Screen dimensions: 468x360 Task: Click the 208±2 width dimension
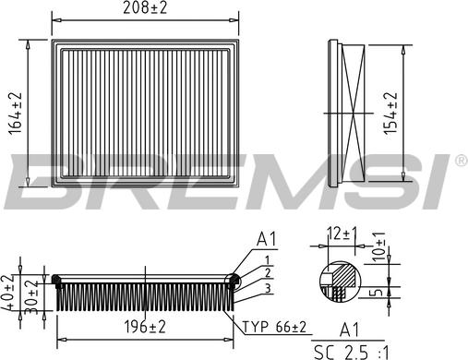(145, 7)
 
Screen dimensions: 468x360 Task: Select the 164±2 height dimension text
(16, 114)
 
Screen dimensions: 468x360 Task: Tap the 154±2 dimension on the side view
(390, 114)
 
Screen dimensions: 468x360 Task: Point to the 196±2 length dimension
(145, 327)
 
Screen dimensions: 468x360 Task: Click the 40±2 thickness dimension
(8, 293)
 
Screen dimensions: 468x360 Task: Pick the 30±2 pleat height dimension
(31, 297)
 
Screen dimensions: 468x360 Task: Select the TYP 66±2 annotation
(275, 327)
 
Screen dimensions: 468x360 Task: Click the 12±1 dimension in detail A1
(342, 234)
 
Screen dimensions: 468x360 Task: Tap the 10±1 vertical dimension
(378, 246)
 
